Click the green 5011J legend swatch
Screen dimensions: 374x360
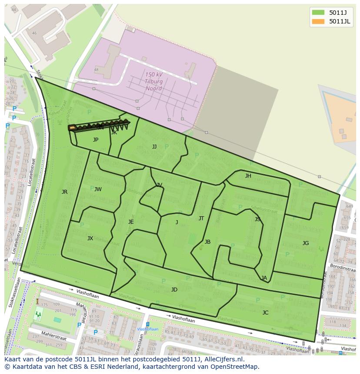[x=318, y=12]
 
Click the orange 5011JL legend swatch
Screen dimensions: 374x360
[x=318, y=21]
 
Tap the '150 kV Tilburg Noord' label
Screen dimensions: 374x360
[x=154, y=82]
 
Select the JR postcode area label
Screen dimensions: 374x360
[x=64, y=192]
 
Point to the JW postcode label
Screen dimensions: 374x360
[x=98, y=189]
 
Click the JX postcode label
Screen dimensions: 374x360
[x=90, y=238]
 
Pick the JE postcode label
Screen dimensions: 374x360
[x=131, y=222]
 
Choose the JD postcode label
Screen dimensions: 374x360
[x=174, y=290]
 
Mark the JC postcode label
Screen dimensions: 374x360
[x=265, y=313]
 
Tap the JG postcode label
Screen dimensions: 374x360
[x=306, y=243]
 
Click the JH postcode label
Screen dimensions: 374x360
[x=248, y=176]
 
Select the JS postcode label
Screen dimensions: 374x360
[x=257, y=219]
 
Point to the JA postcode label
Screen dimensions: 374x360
[x=264, y=278]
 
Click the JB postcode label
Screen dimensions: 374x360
[x=207, y=242]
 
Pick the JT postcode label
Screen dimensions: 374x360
[x=201, y=218]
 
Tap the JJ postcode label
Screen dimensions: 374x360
[x=154, y=147]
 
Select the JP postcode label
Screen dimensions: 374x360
[x=96, y=140]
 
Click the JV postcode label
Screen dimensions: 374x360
[x=159, y=185]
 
